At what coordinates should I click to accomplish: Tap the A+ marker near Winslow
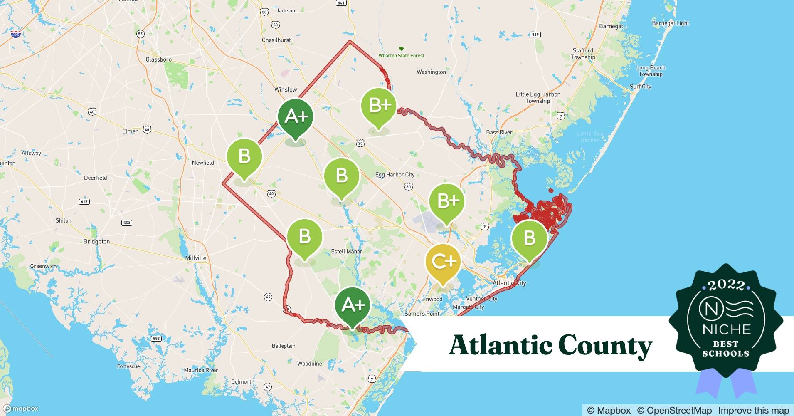[x=296, y=117]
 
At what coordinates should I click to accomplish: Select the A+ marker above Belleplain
[x=353, y=305]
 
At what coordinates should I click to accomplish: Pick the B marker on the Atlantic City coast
[x=529, y=238]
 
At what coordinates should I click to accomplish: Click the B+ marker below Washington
[x=379, y=106]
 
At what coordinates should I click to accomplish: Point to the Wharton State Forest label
[x=401, y=55]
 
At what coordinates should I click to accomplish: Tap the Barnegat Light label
[x=670, y=23]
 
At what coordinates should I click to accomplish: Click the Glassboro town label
[x=158, y=59]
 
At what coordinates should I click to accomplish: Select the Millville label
[x=195, y=258]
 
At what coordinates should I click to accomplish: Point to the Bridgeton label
[x=96, y=241]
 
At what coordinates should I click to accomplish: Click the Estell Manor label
[x=346, y=251]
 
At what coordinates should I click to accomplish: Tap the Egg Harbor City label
[x=395, y=174]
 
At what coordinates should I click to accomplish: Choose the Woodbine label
[x=309, y=363]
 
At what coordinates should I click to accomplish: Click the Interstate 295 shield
[x=15, y=34]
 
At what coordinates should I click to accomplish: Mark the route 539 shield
[x=535, y=34]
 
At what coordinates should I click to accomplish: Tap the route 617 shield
[x=84, y=201]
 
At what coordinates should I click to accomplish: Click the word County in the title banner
[x=605, y=345]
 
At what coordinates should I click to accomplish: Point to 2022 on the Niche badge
[x=726, y=285]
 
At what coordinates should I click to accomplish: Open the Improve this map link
[x=753, y=410]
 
